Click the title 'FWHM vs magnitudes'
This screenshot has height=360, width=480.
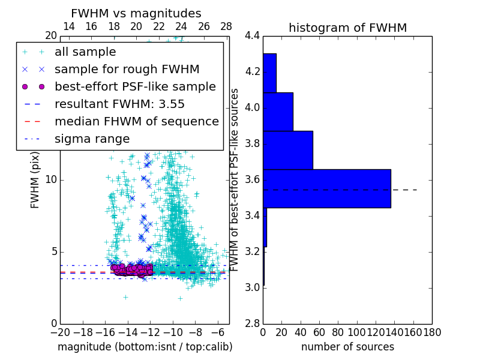coord(136,14)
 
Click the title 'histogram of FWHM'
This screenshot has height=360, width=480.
coord(347,28)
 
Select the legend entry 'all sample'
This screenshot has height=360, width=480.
coord(85,52)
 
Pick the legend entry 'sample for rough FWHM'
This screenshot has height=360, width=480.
coord(127,70)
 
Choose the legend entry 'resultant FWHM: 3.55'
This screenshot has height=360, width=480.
coord(119,104)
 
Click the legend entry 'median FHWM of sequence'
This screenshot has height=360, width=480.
coord(136,122)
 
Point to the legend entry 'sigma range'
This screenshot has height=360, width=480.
coord(92,139)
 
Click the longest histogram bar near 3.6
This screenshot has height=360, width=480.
coord(327,188)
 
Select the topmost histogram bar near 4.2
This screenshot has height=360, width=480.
coord(269,73)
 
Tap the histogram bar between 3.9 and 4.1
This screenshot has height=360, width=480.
coord(278,112)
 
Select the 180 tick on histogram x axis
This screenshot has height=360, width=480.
coord(432,332)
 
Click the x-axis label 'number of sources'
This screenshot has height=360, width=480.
coord(347,347)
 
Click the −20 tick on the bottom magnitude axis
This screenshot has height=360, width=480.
coord(60,332)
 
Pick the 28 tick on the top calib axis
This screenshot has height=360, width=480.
coord(226,26)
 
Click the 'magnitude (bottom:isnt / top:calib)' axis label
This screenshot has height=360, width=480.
coord(145,347)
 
